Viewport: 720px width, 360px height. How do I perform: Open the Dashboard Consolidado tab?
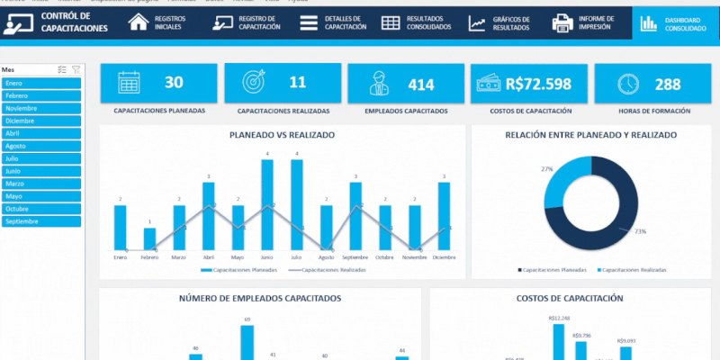pyautogui.click(x=674, y=23)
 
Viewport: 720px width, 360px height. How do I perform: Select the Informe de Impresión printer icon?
pyautogui.click(x=563, y=23)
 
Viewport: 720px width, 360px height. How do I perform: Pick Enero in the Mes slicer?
pyautogui.click(x=41, y=83)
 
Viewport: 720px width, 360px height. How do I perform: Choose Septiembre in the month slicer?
pyautogui.click(x=41, y=220)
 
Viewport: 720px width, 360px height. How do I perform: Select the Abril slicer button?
pyautogui.click(x=41, y=132)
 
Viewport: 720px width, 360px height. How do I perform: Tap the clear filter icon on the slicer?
pyautogui.click(x=76, y=69)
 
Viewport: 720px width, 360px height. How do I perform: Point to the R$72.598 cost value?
pyautogui.click(x=538, y=84)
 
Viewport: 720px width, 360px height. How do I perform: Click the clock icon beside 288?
pyautogui.click(x=629, y=83)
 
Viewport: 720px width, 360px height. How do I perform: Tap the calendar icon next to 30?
pyautogui.click(x=128, y=83)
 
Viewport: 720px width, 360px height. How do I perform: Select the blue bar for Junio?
pyautogui.click(x=267, y=204)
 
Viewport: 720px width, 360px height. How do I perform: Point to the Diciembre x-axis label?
pyautogui.click(x=444, y=257)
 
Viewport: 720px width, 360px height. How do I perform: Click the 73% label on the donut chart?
pyautogui.click(x=640, y=231)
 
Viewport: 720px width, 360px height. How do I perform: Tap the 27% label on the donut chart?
pyautogui.click(x=546, y=168)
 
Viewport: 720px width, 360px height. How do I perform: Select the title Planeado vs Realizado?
pyautogui.click(x=282, y=134)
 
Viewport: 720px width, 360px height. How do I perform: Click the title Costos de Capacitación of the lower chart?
pyautogui.click(x=570, y=298)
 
